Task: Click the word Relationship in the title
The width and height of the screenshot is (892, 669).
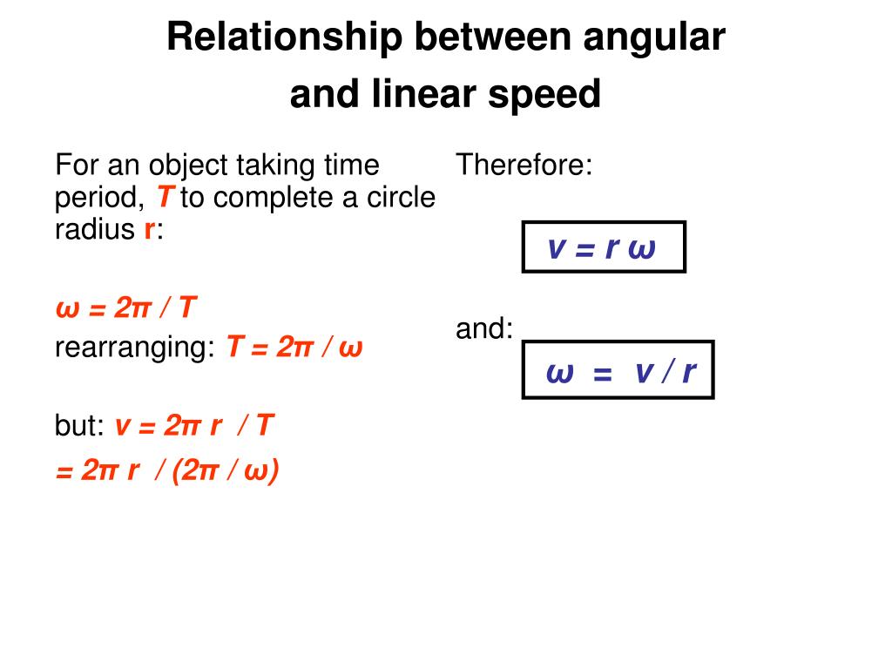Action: (284, 37)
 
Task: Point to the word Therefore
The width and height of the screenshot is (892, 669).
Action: (524, 165)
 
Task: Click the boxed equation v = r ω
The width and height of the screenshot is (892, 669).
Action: (603, 247)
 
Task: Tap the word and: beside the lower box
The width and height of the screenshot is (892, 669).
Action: (484, 329)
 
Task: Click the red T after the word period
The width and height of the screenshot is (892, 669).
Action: (166, 198)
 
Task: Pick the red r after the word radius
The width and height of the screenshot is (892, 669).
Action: (150, 231)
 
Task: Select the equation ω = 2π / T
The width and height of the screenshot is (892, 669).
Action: (125, 307)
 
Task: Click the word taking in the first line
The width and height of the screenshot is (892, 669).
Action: (274, 165)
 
